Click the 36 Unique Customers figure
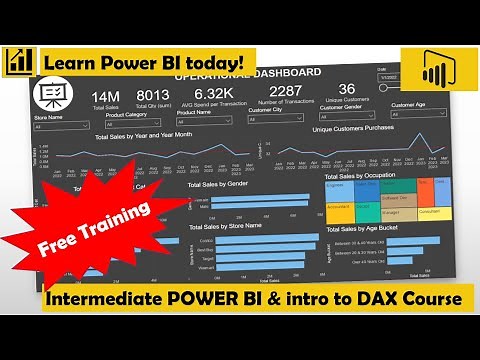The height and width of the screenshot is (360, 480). (x=347, y=89)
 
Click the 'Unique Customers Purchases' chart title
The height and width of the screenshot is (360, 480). (x=350, y=128)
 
